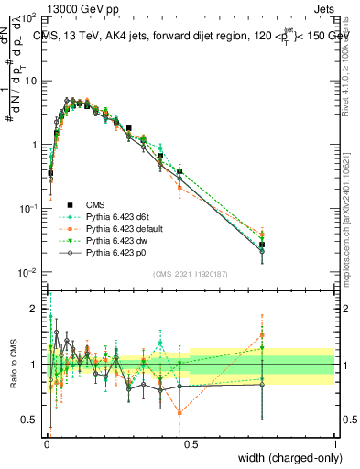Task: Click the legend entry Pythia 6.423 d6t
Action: (x=117, y=215)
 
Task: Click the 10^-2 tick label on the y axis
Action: (x=27, y=273)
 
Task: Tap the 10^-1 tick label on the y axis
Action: (x=27, y=209)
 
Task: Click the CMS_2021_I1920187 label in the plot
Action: (x=190, y=273)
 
